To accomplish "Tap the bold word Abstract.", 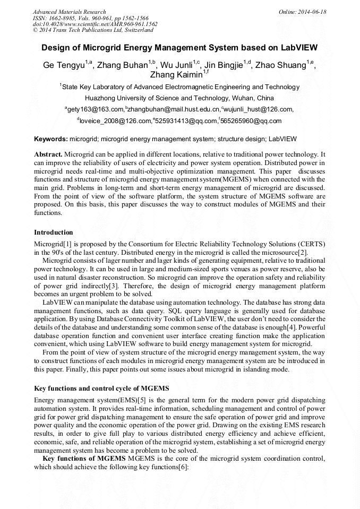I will [48, 154].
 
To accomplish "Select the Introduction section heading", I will [53, 232].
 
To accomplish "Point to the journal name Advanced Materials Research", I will [69, 12].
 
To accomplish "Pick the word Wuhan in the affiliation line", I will [242, 98].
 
